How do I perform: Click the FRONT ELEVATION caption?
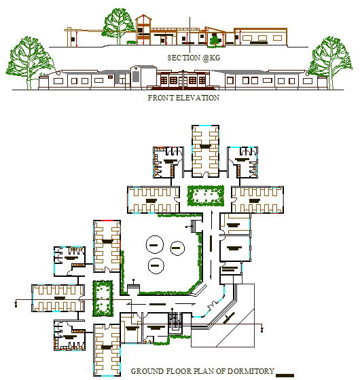[x=183, y=98]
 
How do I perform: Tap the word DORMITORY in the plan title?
[x=252, y=371]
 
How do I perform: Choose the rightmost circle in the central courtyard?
[x=179, y=248]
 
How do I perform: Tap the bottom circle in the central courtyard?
[x=156, y=265]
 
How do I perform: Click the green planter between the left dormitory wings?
[x=103, y=299]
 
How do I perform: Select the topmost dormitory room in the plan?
[x=205, y=149]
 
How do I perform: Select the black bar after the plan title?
[x=287, y=373]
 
